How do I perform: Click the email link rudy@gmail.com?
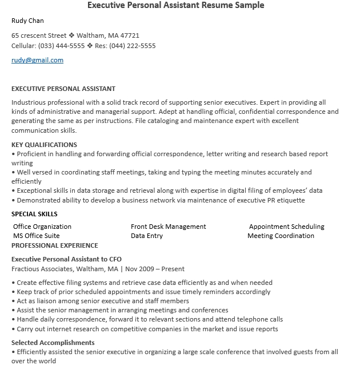point(37,60)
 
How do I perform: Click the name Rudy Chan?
point(27,21)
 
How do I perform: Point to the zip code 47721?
point(130,35)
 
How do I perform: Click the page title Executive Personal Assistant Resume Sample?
point(175,6)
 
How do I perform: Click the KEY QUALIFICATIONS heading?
point(44,145)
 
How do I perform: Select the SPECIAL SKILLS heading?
point(34,214)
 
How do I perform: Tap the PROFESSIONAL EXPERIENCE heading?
point(55,245)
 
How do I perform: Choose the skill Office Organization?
point(42,227)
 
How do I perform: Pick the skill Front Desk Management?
point(168,227)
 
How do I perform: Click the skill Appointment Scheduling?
point(286,227)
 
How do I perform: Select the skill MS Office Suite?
point(36,236)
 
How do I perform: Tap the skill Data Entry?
point(147,236)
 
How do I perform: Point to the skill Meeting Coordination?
point(281,236)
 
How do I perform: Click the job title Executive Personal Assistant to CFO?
point(66,259)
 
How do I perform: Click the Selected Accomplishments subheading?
point(53,343)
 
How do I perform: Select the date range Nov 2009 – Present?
point(155,269)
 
